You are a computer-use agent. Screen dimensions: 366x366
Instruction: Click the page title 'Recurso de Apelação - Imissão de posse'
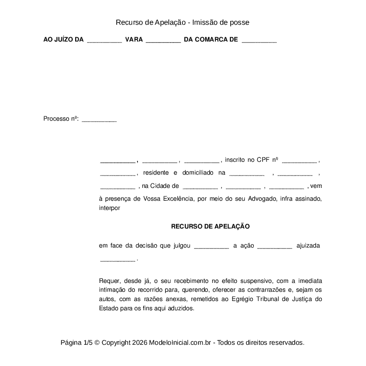tap(183, 22)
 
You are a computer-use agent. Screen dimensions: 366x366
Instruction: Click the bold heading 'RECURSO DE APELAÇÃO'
tap(210, 226)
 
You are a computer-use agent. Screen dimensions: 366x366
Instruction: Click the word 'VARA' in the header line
tap(134, 40)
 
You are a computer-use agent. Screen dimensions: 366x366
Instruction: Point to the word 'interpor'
tap(110, 208)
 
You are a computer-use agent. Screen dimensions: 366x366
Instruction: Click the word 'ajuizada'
tap(308, 245)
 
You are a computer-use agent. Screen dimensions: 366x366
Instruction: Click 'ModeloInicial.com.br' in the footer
tap(182, 343)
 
